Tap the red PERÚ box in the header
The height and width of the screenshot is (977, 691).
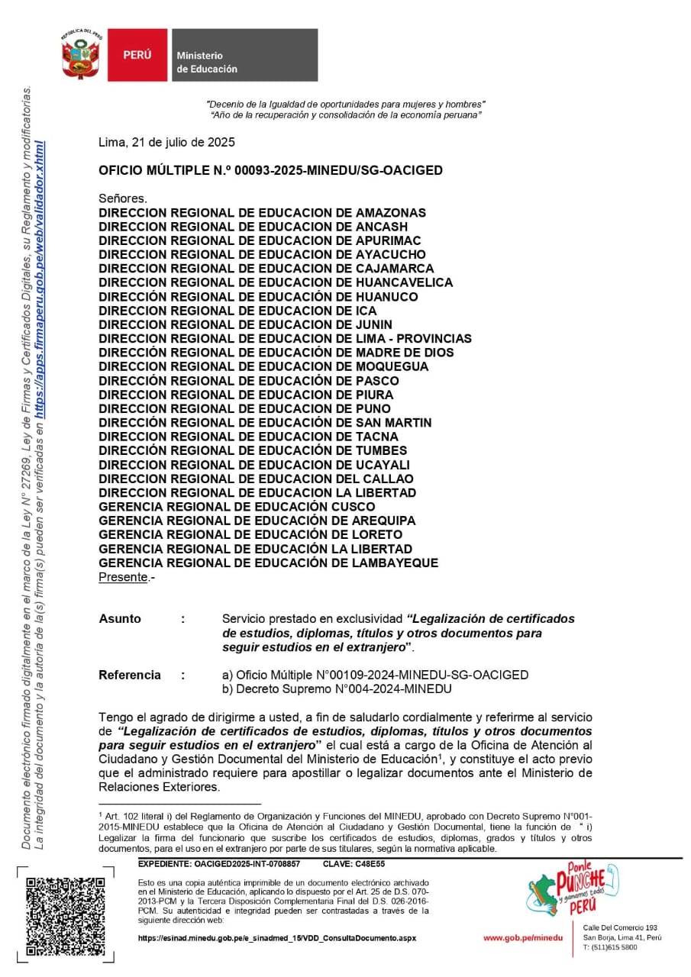pos(137,56)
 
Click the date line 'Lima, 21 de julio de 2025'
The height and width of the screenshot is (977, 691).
pos(166,142)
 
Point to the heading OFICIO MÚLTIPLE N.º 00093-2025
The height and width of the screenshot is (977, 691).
pos(270,171)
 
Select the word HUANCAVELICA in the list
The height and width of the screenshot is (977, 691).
pos(404,282)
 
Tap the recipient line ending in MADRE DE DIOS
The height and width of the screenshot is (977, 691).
pos(276,353)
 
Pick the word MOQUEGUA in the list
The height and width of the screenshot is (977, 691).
pos(392,366)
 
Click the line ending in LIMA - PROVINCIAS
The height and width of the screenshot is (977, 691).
pos(285,338)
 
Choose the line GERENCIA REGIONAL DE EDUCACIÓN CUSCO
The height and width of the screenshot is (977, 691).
pos(237,507)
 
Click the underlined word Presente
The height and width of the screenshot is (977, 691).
pos(123,578)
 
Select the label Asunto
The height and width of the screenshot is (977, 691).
pos(120,619)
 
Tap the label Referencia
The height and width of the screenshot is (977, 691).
pos(130,675)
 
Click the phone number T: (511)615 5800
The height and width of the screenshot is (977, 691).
pos(610,947)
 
